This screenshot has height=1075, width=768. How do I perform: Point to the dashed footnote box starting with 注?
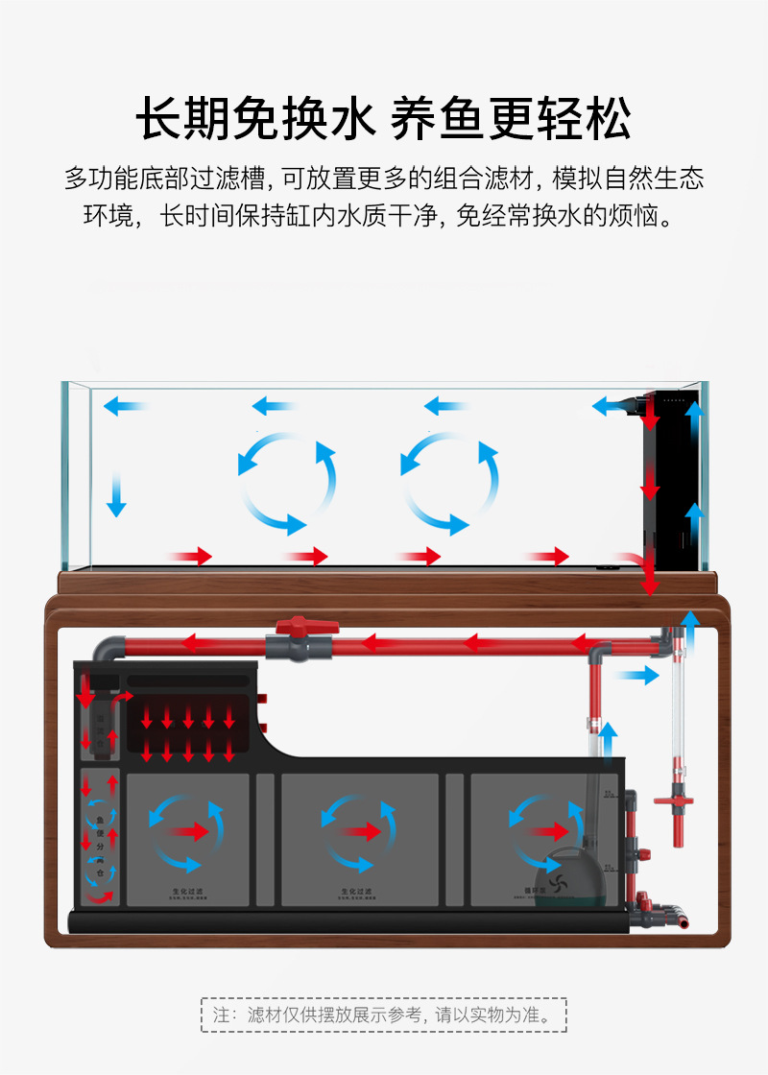(x=384, y=1015)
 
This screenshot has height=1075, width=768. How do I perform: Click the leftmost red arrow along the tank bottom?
(x=190, y=556)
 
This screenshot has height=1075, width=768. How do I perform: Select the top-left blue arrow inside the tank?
(x=125, y=406)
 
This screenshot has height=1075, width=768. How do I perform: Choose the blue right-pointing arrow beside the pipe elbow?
(x=636, y=676)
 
